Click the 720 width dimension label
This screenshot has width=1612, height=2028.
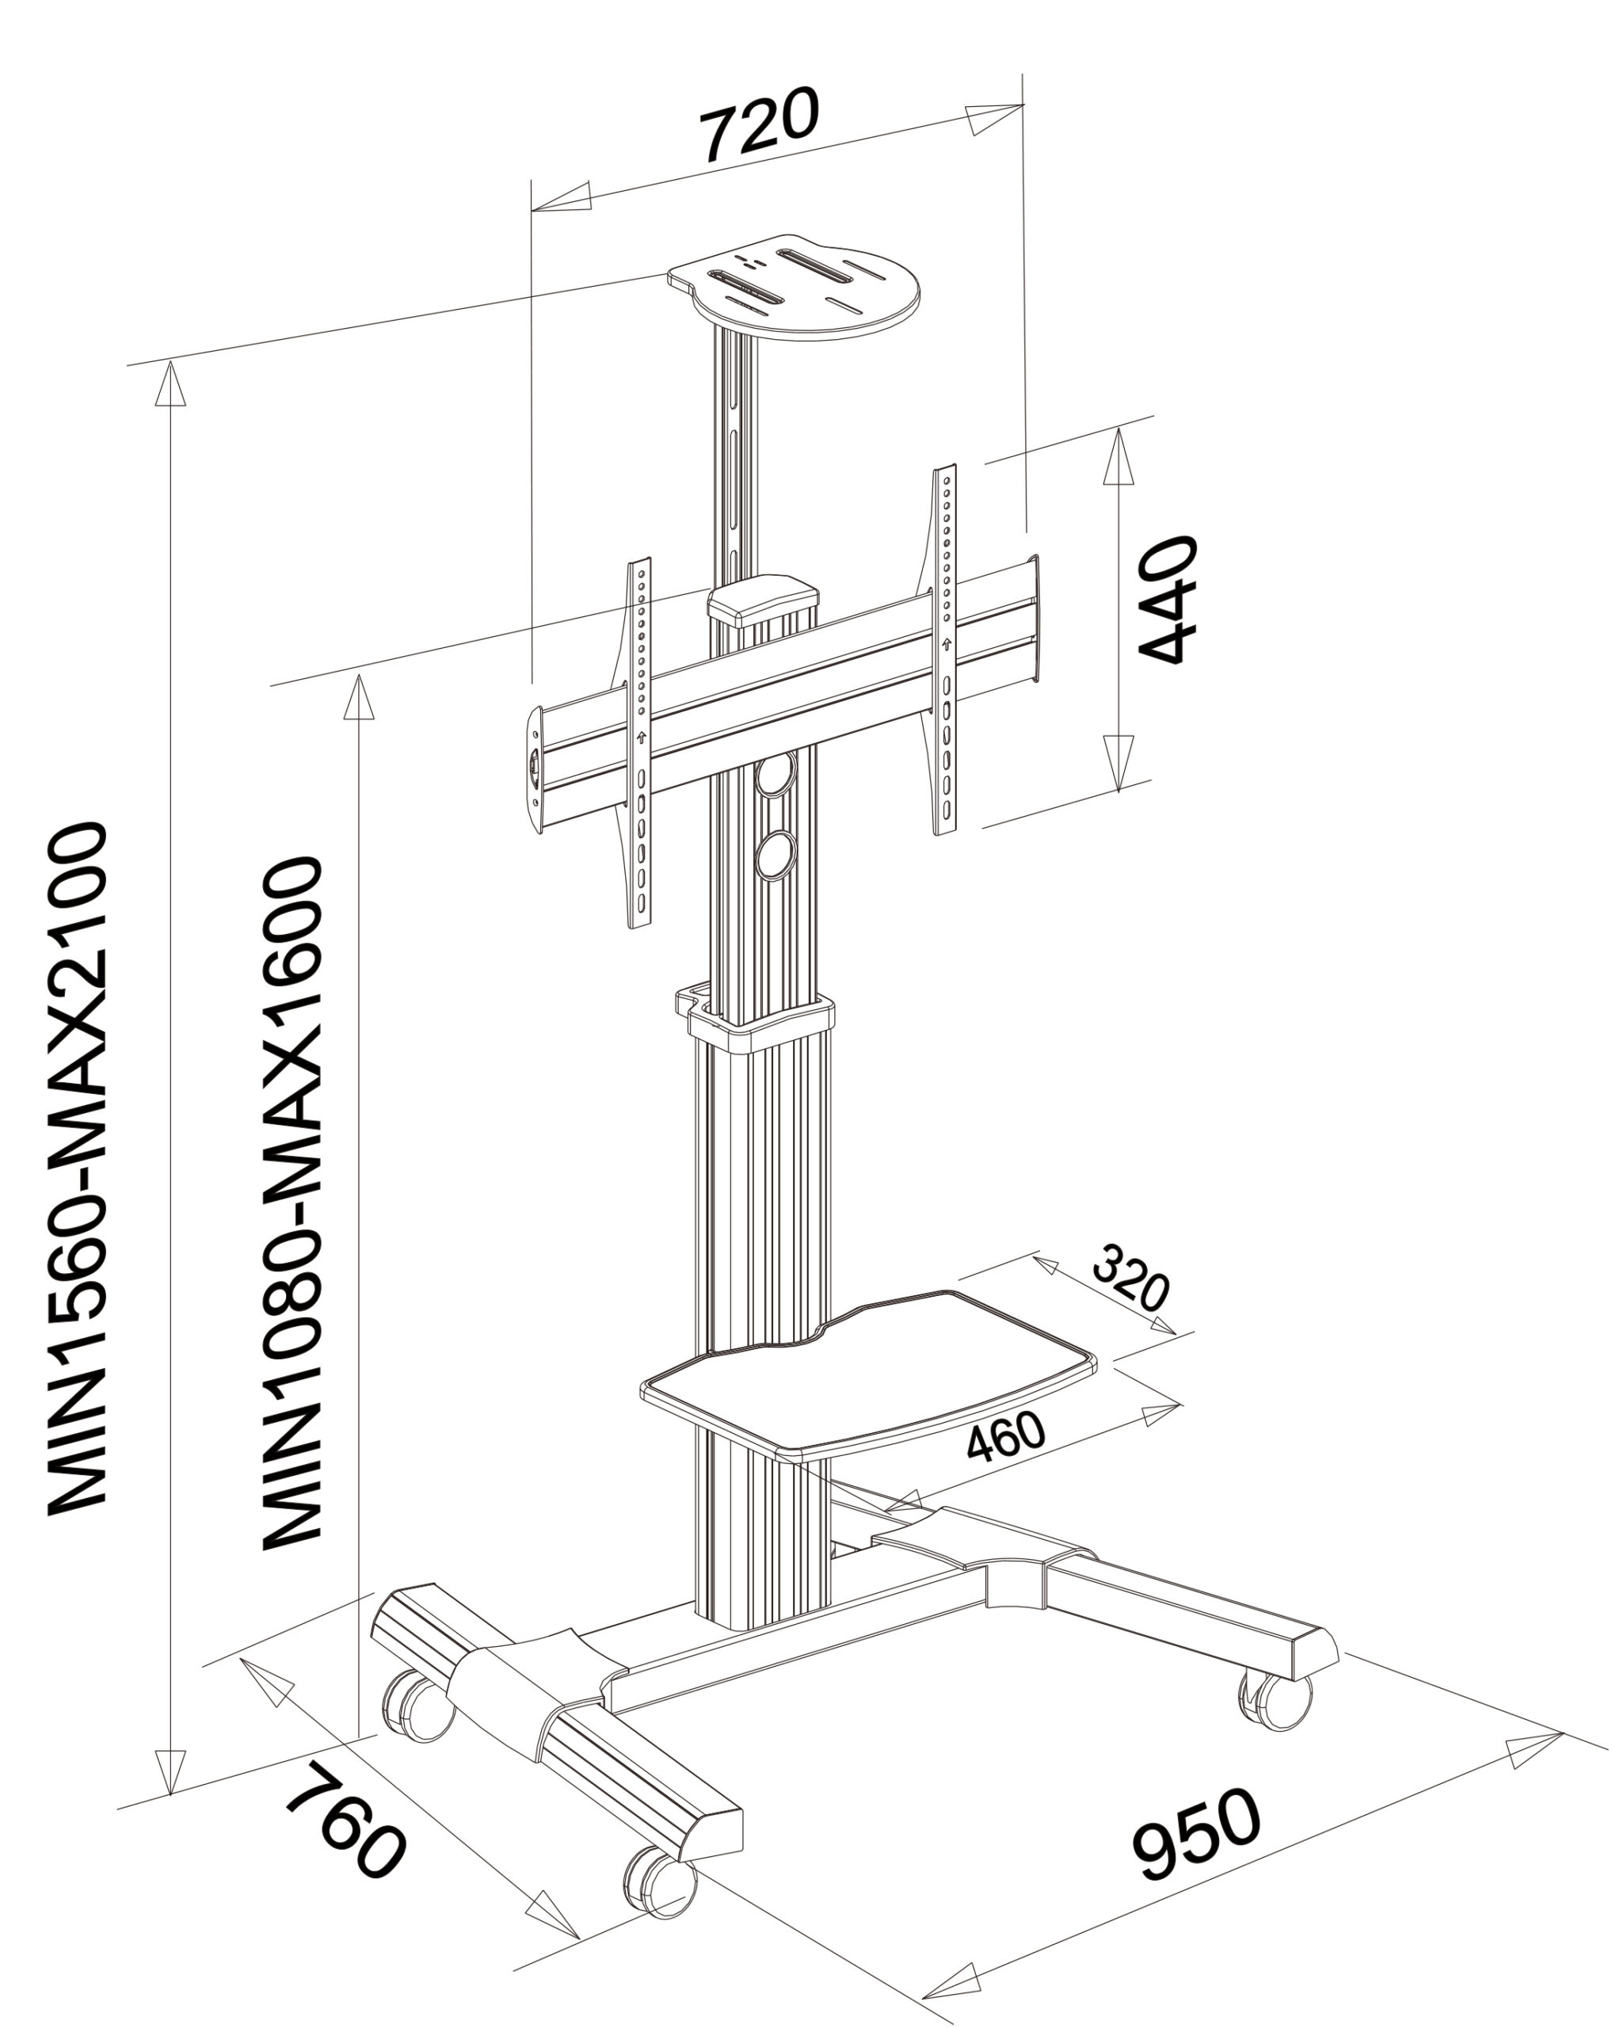click(762, 124)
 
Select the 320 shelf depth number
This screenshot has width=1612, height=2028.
click(1130, 1276)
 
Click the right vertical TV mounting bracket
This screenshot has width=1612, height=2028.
click(944, 649)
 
